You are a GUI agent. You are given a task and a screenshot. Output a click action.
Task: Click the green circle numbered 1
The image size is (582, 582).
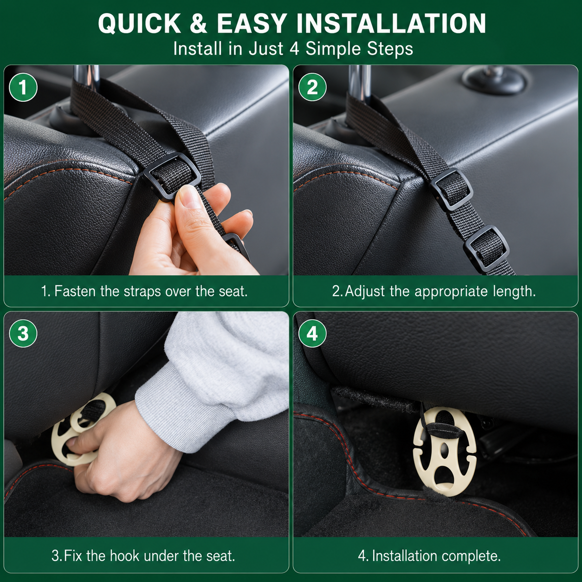click(23, 87)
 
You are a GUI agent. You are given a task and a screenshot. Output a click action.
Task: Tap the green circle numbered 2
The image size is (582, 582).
click(312, 87)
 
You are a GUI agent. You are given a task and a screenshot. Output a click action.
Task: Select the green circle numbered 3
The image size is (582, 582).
click(23, 334)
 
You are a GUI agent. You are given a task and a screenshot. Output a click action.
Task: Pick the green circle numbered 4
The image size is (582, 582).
click(312, 334)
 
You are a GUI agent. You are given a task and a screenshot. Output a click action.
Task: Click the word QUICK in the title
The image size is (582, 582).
click(139, 24)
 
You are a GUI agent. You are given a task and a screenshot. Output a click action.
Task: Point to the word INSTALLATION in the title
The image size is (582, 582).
click(391, 24)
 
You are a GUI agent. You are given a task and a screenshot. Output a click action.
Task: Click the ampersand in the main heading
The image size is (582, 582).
click(199, 24)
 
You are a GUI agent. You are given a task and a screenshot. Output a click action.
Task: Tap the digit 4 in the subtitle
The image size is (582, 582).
click(294, 49)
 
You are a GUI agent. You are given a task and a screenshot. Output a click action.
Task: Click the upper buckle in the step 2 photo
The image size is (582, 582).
click(452, 189)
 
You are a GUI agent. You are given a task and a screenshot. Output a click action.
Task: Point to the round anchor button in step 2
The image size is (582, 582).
click(494, 79)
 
